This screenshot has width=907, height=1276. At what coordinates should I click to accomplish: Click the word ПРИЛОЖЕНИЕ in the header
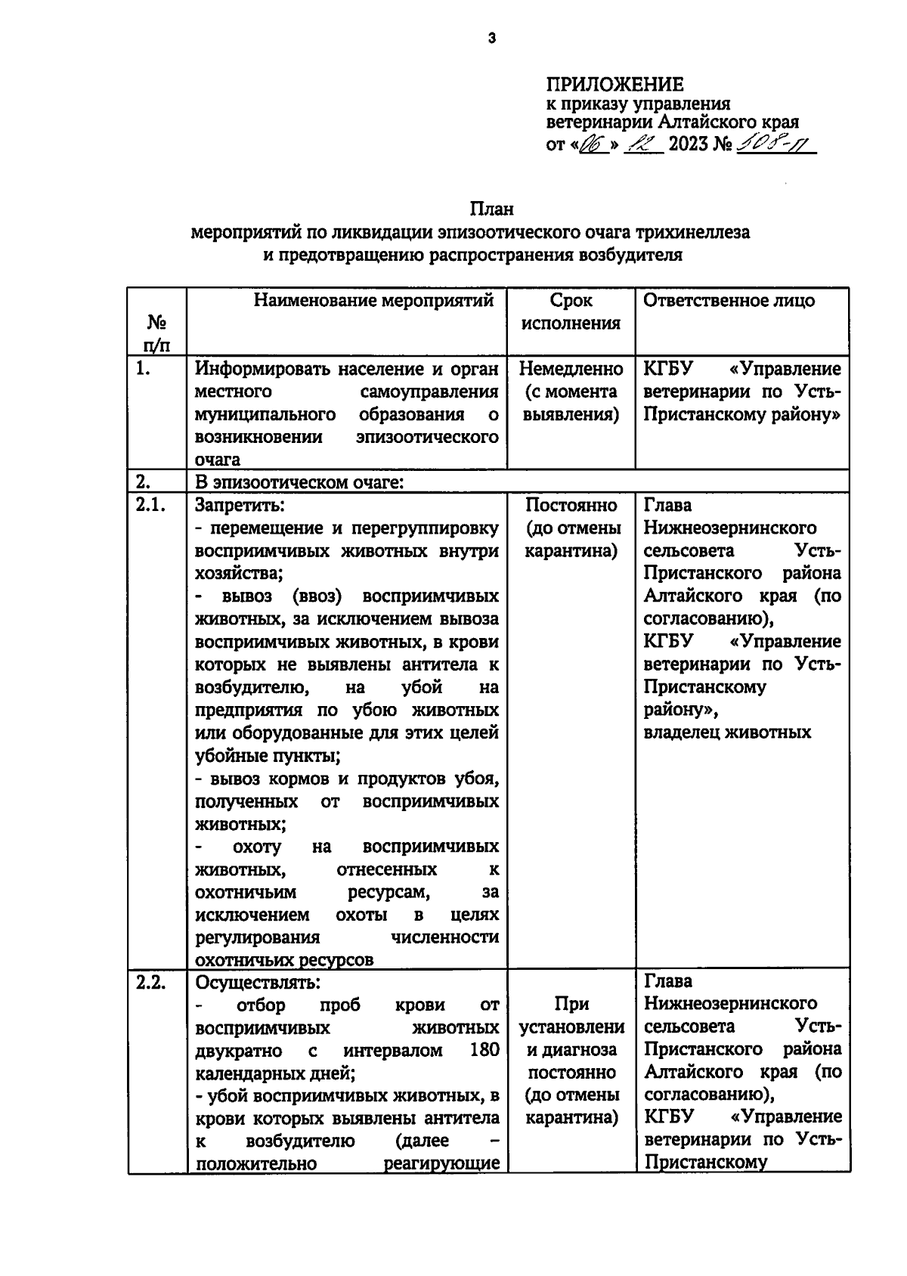pos(614,84)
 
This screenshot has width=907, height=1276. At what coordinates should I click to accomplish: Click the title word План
pos(491,209)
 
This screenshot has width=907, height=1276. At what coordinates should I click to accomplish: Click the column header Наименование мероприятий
pos(373,301)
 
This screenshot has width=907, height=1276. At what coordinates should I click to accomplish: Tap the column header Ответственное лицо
pos(729,301)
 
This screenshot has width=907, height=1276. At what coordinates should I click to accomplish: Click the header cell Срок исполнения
pos(571,312)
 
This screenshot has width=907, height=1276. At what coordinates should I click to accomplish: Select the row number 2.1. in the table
pos(150,506)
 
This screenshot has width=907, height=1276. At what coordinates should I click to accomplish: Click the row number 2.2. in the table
pos(150,982)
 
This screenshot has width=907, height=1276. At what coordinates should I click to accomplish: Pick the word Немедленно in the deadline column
pos(571,369)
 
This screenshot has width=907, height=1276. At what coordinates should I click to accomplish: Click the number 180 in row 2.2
pos(483,1050)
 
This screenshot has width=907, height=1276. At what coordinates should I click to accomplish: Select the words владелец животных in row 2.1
pos(726,732)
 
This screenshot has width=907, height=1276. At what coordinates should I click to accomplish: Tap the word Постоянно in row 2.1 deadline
pos(571,506)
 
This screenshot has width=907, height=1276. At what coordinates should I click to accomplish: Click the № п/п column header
pos(156,333)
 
